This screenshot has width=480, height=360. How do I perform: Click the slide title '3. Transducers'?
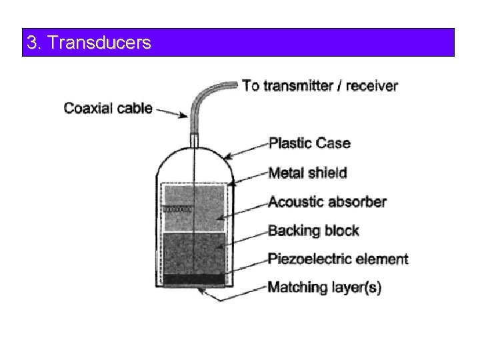(89, 43)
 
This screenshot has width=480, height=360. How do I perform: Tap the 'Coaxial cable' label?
(108, 107)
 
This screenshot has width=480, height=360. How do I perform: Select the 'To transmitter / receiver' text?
(320, 85)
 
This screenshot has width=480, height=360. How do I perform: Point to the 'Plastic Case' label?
(309, 143)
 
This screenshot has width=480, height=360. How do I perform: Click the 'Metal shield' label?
(307, 173)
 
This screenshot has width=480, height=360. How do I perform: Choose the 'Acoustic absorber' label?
(327, 201)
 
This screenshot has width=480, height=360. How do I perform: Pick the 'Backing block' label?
(313, 231)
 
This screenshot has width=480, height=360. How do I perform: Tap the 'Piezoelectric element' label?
(337, 259)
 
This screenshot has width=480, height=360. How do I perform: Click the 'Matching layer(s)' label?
(324, 288)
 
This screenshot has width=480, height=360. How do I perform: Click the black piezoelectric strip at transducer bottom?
(193, 278)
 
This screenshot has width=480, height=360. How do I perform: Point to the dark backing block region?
(193, 253)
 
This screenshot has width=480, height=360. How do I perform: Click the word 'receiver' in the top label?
(371, 85)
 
